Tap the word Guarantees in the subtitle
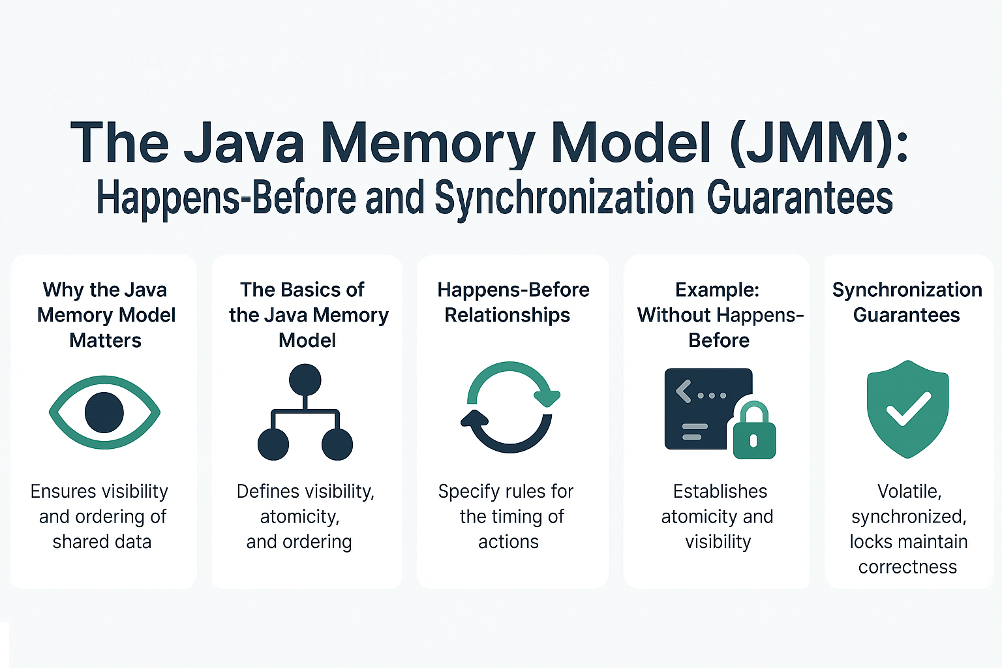(800, 198)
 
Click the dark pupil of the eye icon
(104, 412)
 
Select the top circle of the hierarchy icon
(305, 380)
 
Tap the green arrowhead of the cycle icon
(547, 396)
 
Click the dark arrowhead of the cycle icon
(474, 419)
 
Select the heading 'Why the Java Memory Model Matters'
(106, 315)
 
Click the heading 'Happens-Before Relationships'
(513, 302)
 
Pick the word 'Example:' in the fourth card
(717, 290)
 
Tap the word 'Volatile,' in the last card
(909, 491)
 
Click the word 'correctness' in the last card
(907, 567)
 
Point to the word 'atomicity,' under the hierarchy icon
(299, 517)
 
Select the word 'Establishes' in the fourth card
(720, 491)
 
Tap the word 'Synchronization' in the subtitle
(564, 198)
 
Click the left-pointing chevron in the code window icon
(683, 392)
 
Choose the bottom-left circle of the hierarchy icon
(273, 444)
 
